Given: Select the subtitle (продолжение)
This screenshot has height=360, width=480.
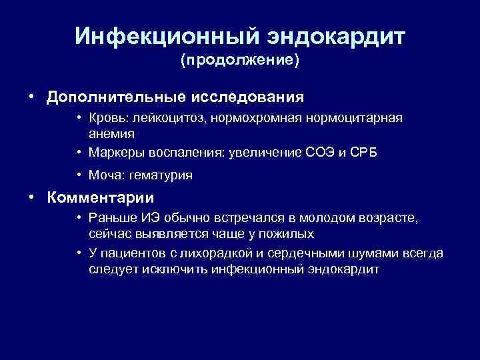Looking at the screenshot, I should point(240,61).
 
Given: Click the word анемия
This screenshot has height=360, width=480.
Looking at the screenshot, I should point(112,132).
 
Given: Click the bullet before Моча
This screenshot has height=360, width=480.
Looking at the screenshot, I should point(79,175).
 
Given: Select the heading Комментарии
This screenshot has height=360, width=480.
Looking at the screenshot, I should point(100,198).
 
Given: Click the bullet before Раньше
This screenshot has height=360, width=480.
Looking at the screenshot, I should point(79,219).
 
